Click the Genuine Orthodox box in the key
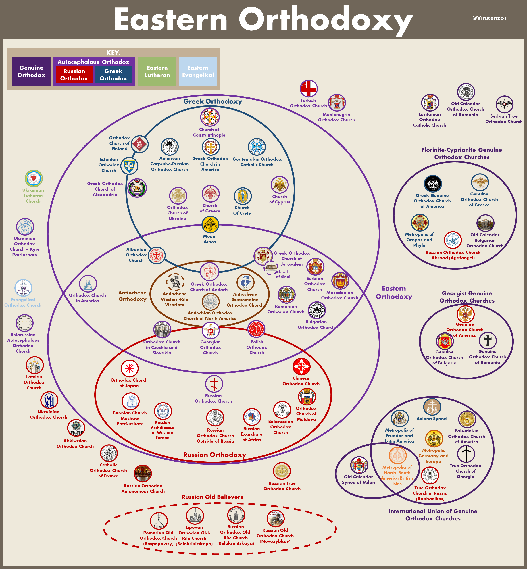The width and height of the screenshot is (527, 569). coord(31,71)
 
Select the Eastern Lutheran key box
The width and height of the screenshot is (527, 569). coord(157,71)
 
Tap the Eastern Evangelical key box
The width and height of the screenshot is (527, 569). coord(198,71)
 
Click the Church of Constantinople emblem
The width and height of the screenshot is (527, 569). coord(210,117)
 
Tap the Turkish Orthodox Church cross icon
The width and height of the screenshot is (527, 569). coord(309,89)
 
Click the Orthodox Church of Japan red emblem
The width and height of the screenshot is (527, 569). coord(129,368)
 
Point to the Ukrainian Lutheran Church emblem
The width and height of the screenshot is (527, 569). coord(34,178)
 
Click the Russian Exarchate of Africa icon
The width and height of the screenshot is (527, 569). coord(252,417)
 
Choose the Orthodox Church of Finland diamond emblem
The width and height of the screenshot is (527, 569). coord(139,144)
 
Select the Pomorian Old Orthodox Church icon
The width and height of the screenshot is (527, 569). coord(159,521)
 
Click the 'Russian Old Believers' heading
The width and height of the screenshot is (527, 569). coord(212,497)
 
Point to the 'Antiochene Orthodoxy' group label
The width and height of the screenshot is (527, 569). coord(132,296)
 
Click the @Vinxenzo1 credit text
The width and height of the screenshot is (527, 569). coord(489,18)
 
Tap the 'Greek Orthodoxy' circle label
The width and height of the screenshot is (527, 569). coord(212,101)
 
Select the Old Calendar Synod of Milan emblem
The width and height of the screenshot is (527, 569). coord(359,465)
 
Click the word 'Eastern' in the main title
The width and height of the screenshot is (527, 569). coord(171,19)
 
